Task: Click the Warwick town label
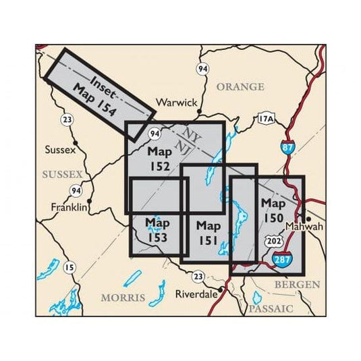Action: pyautogui.click(x=176, y=103)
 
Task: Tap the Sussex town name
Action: pyautogui.click(x=59, y=150)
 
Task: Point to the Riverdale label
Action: pyautogui.click(x=196, y=294)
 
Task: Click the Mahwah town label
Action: pyautogui.click(x=306, y=227)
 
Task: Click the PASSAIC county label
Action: pyautogui.click(x=271, y=308)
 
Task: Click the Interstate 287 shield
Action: pyautogui.click(x=283, y=258)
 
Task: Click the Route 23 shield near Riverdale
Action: pyautogui.click(x=198, y=276)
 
